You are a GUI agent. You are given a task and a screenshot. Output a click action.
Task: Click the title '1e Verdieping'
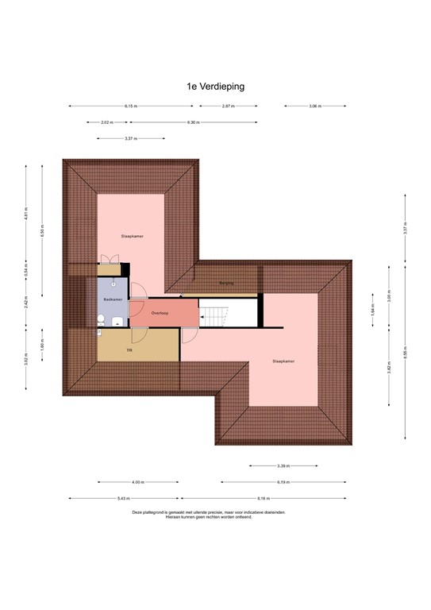215,87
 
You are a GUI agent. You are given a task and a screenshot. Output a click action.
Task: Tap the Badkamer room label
113,299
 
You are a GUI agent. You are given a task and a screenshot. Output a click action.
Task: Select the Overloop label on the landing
160,313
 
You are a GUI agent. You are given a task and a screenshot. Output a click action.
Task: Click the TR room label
129,349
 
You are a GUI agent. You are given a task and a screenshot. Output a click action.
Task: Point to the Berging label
227,282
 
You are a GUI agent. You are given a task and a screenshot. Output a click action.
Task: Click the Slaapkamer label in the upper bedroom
132,236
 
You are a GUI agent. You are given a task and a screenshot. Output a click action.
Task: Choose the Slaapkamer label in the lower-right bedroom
283,361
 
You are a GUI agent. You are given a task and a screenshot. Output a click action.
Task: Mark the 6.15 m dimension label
130,106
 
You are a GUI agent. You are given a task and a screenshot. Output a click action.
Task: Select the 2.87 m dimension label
227,106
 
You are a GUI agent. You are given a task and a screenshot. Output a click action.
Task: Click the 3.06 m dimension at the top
314,106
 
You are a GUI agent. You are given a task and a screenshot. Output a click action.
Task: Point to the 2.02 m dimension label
107,122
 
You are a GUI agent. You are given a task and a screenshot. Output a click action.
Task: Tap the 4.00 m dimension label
137,482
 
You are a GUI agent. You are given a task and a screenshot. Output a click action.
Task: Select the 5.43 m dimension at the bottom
123,499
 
